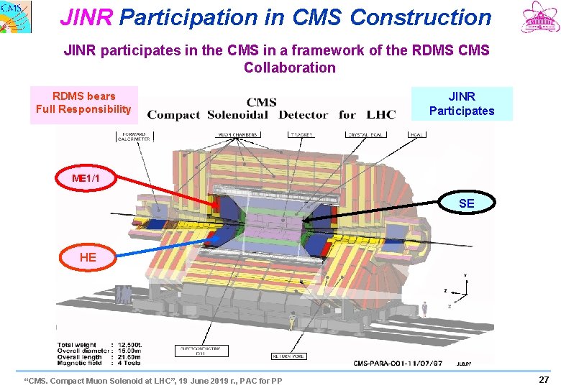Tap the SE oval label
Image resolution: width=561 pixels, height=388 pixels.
[x=466, y=203]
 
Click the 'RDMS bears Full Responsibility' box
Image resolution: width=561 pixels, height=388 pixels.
[x=83, y=103]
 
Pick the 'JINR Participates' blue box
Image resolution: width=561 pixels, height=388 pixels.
[x=462, y=103]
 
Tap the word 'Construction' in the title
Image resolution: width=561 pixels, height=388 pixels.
[x=421, y=17]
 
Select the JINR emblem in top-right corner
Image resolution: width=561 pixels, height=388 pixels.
[x=539, y=19]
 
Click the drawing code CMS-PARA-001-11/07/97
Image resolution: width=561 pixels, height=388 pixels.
[x=398, y=363]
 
